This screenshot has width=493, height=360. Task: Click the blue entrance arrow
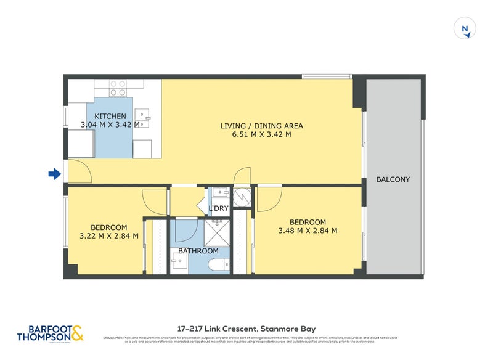[55, 174]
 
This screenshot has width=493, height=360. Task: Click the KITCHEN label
[110, 116]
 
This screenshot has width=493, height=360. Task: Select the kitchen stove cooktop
[118, 88]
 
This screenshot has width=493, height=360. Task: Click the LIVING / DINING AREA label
[262, 126]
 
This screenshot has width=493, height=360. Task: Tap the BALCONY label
[393, 179]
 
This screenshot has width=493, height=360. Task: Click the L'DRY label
[219, 208]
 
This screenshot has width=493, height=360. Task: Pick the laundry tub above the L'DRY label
[220, 194]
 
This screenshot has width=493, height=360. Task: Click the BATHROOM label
[198, 251]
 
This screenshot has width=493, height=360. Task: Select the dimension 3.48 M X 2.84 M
[308, 231]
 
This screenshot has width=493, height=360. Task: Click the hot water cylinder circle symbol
[241, 195]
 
